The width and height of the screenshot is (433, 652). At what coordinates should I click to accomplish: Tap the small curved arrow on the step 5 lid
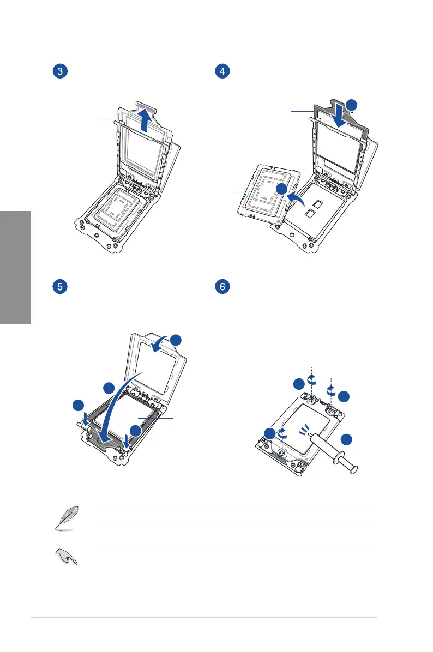(x=162, y=343)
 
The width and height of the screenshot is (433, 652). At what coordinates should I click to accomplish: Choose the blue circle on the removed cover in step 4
(x=281, y=189)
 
